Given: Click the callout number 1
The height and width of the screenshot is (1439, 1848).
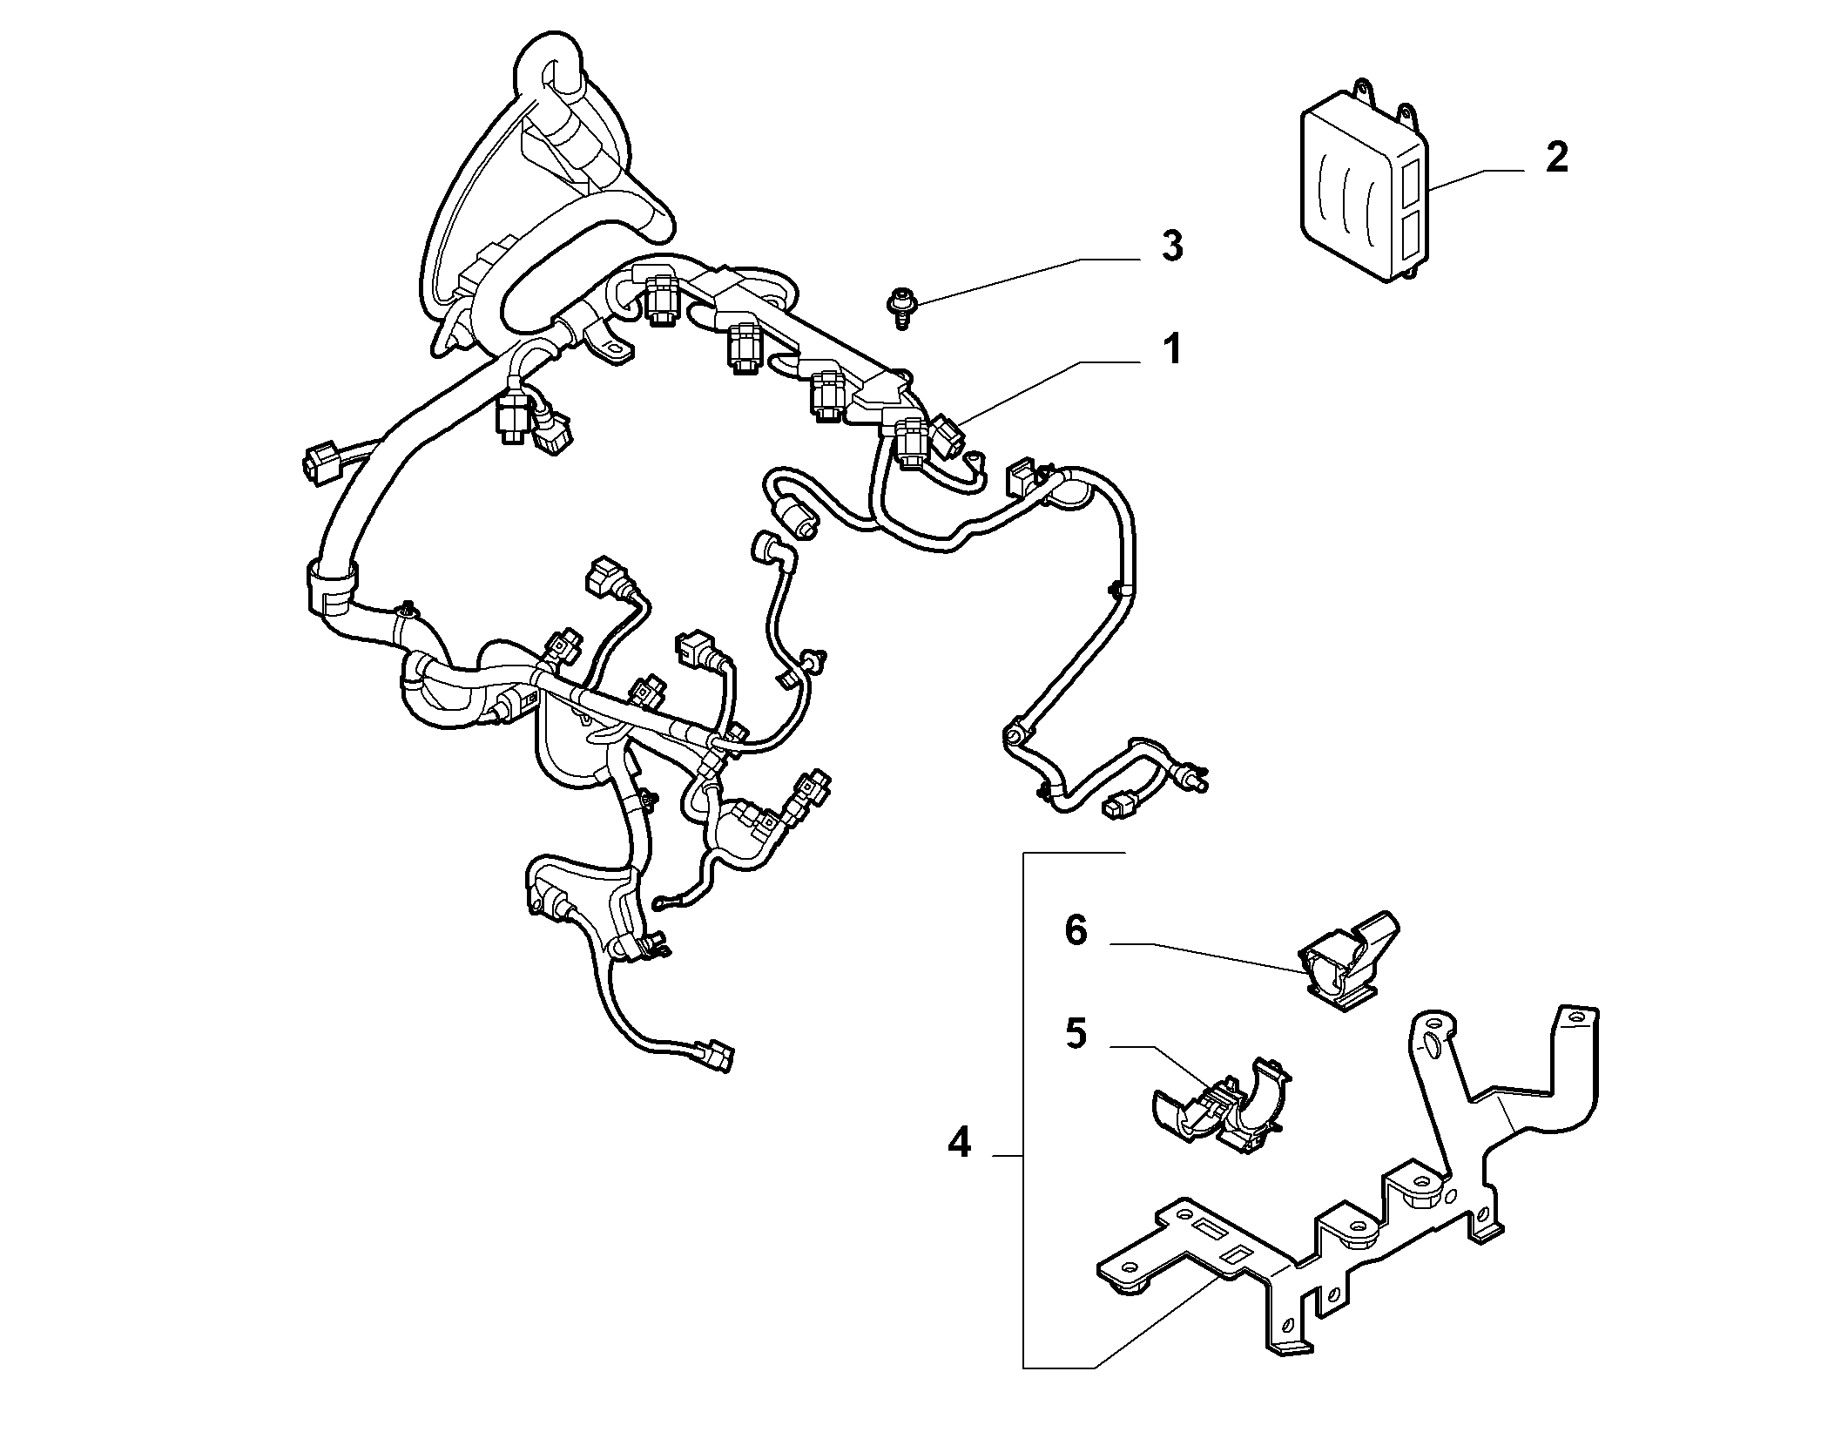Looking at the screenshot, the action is [x=1173, y=350].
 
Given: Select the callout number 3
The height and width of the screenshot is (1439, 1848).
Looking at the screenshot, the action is [x=1172, y=247].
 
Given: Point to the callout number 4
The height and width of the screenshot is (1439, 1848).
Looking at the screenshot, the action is [x=959, y=1141].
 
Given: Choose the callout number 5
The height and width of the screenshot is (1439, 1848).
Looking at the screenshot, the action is [x=1076, y=1036].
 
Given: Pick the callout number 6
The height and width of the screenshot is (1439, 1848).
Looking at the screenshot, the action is [x=1076, y=931].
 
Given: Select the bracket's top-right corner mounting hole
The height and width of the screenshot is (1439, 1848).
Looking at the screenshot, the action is [x=1573, y=1017].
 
